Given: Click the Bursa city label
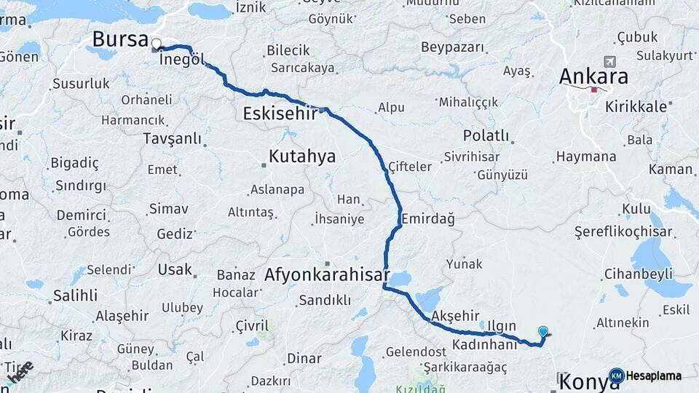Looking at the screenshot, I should (x=121, y=39).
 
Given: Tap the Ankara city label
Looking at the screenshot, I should (x=593, y=76).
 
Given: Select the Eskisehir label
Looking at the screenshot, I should (x=280, y=114).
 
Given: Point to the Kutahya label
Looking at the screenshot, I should (x=302, y=156).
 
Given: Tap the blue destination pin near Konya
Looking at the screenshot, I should (x=542, y=332).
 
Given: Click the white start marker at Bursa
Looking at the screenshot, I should (x=156, y=43).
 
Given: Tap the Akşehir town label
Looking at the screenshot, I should (x=456, y=316).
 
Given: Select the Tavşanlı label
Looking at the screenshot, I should (x=172, y=138).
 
